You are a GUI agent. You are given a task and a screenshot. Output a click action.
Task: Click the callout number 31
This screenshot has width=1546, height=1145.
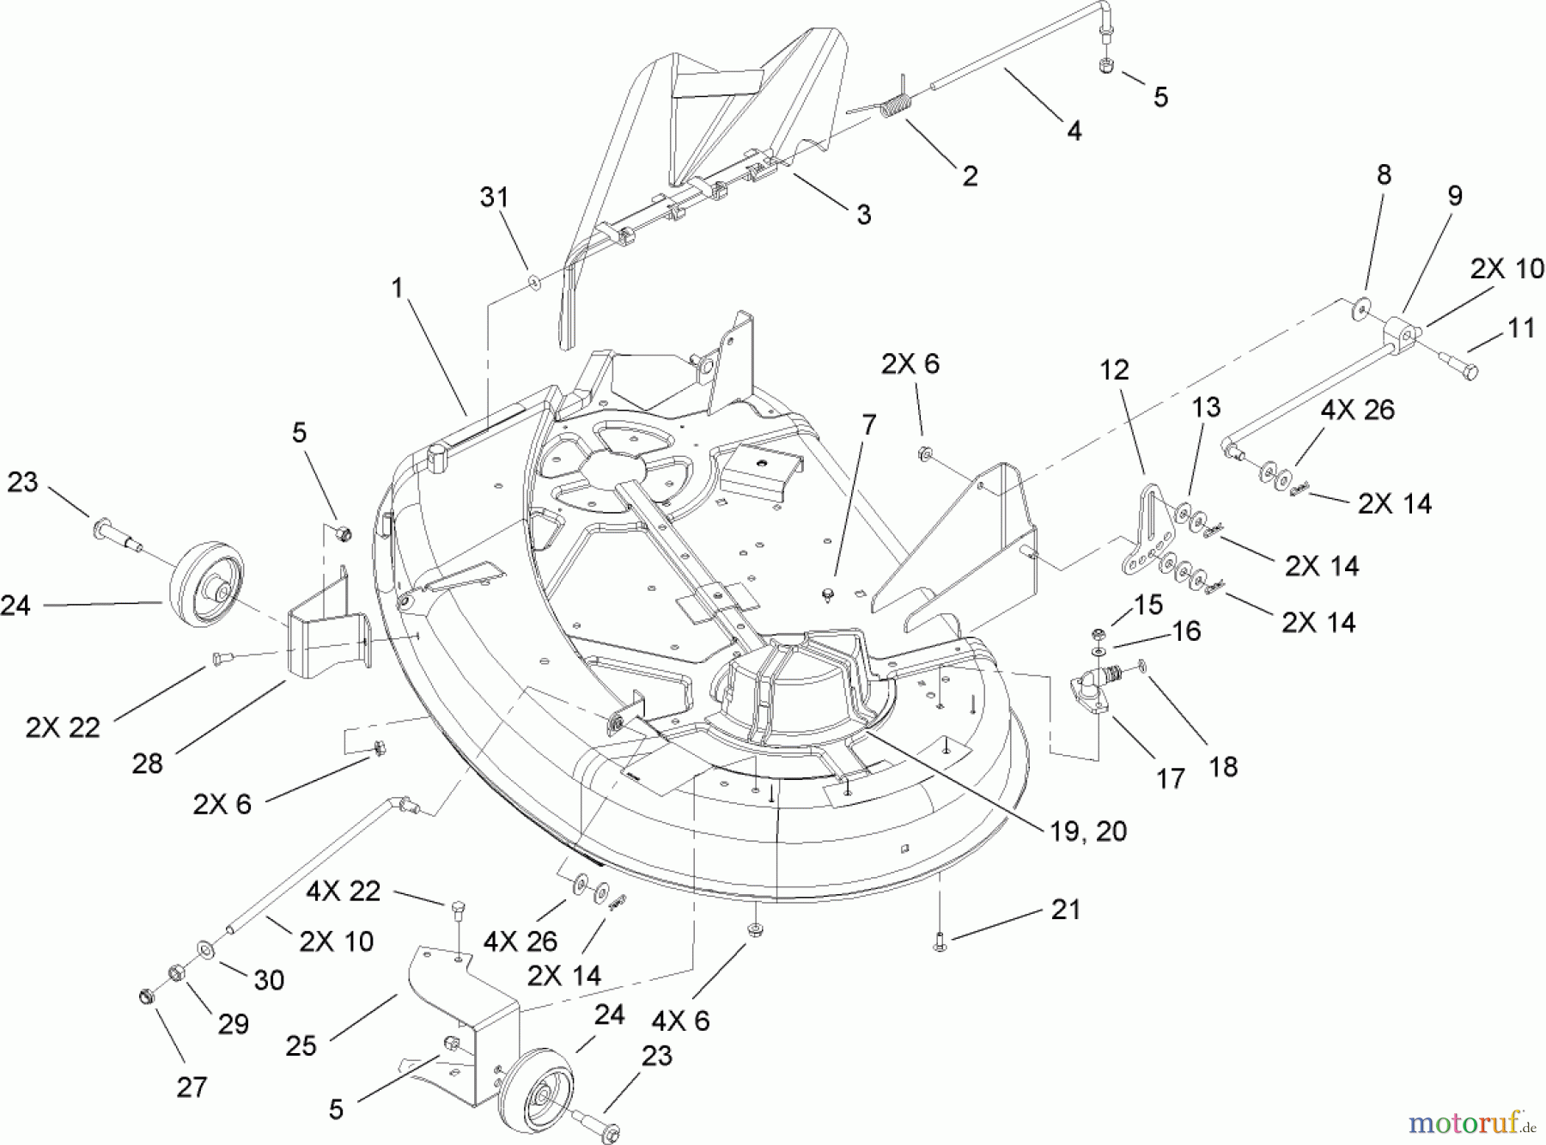tap(494, 198)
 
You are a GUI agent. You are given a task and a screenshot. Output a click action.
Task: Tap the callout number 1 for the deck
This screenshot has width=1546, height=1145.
tap(397, 289)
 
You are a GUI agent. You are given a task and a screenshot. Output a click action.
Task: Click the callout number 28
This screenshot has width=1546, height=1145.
tap(147, 763)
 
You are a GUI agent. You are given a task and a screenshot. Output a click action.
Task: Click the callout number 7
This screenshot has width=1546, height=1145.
tap(869, 425)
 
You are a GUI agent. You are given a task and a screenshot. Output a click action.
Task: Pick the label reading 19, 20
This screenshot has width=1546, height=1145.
tap(1086, 831)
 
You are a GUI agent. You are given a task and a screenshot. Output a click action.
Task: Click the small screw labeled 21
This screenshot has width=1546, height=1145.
tap(940, 942)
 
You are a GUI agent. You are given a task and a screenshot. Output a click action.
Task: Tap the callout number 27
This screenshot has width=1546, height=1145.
tap(192, 1087)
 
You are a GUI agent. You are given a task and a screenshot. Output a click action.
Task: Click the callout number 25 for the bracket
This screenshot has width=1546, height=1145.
tap(301, 1045)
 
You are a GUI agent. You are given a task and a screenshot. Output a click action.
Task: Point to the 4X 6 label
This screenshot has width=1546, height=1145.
tap(680, 1020)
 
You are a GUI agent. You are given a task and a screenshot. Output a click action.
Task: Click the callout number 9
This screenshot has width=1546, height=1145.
tap(1455, 196)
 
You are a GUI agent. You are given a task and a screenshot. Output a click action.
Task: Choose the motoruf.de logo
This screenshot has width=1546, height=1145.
tap(1471, 1122)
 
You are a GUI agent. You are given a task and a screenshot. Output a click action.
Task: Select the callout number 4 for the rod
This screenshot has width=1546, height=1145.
tap(1074, 131)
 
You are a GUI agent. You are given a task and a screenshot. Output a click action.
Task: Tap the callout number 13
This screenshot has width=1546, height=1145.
tap(1206, 406)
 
